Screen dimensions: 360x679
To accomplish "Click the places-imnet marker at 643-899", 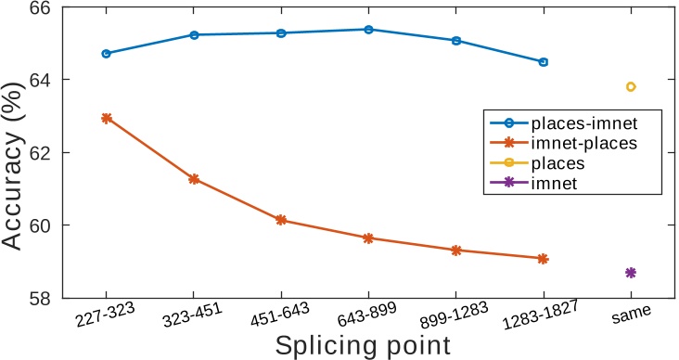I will click(x=368, y=30).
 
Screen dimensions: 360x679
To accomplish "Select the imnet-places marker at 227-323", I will click(x=107, y=118).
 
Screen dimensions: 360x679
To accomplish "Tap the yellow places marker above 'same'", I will click(x=631, y=87).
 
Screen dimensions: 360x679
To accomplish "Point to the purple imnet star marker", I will click(x=631, y=273).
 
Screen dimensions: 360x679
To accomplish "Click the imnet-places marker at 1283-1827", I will click(x=544, y=259).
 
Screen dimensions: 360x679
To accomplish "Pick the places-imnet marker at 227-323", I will click(x=107, y=54).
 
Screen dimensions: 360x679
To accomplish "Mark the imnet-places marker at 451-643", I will click(x=281, y=220).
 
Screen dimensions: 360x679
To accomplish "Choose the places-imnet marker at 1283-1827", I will click(x=544, y=62).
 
